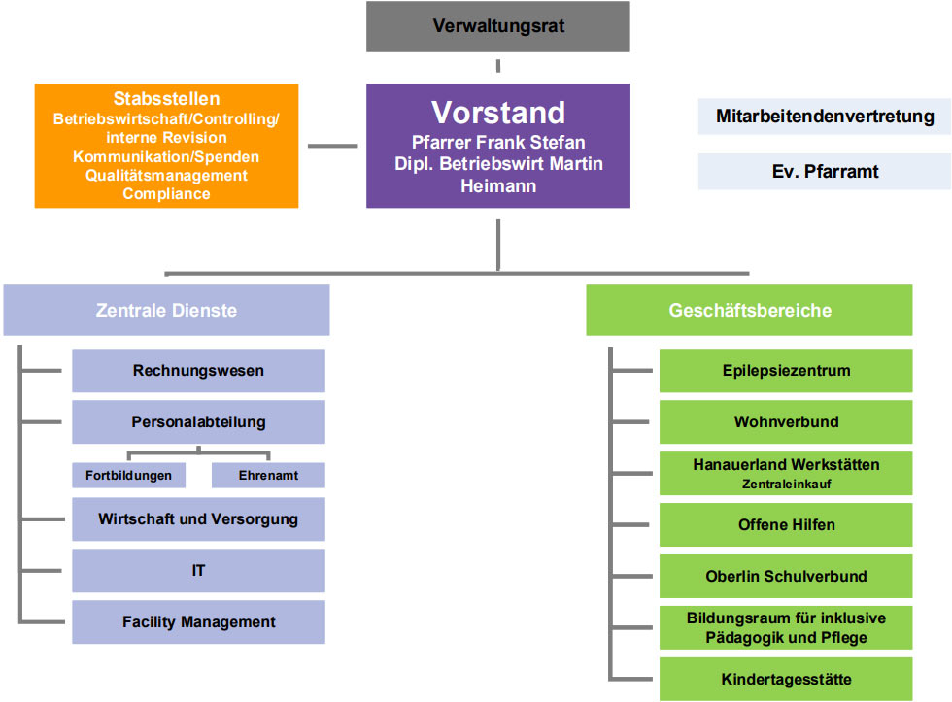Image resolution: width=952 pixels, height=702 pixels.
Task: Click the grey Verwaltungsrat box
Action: [497, 26]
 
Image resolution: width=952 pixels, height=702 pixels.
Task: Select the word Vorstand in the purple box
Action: [497, 113]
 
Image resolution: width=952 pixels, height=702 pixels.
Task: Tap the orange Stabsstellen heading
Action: [166, 99]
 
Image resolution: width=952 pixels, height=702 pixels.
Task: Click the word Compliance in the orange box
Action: [166, 193]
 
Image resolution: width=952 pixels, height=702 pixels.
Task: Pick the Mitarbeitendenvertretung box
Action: [825, 117]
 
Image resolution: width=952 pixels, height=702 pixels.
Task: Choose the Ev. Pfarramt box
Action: [825, 171]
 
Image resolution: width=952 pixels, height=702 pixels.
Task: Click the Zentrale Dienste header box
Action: [166, 311]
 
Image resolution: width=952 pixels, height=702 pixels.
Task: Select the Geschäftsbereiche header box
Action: [749, 311]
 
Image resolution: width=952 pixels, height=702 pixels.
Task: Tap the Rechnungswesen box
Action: [198, 371]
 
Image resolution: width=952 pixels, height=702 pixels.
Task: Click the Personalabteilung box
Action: [198, 422]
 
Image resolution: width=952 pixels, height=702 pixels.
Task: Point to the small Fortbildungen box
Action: [128, 476]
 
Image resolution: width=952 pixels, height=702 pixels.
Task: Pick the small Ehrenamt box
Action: [268, 476]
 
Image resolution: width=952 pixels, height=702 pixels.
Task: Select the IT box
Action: [198, 571]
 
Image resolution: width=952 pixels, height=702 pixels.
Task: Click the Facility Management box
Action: [198, 622]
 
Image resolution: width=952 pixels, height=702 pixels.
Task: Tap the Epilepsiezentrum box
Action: [786, 371]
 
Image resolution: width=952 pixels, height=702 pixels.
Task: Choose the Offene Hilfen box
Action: [786, 525]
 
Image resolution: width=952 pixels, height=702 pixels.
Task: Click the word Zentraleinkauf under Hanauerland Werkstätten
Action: [786, 484]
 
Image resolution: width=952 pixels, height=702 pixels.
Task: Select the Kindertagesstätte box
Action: [786, 679]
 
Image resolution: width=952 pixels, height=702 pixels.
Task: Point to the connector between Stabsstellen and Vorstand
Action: [332, 146]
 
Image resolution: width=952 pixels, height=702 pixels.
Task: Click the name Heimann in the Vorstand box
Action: [497, 185]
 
